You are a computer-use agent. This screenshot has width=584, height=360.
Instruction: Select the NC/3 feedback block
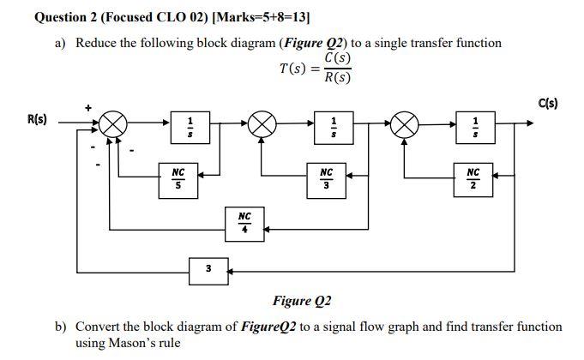pyautogui.click(x=326, y=177)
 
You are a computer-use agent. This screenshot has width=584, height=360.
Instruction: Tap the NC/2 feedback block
pyautogui.click(x=473, y=177)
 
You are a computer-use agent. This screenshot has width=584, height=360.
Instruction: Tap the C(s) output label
pyautogui.click(x=549, y=103)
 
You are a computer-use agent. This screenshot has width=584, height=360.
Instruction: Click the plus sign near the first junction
pyautogui.click(x=87, y=107)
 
